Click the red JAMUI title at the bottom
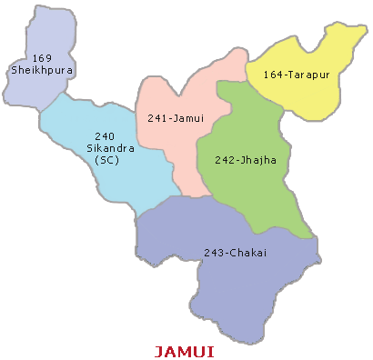click(184, 350)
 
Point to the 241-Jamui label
click(176, 117)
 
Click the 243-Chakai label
click(235, 252)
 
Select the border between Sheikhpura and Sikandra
click(50, 97)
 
